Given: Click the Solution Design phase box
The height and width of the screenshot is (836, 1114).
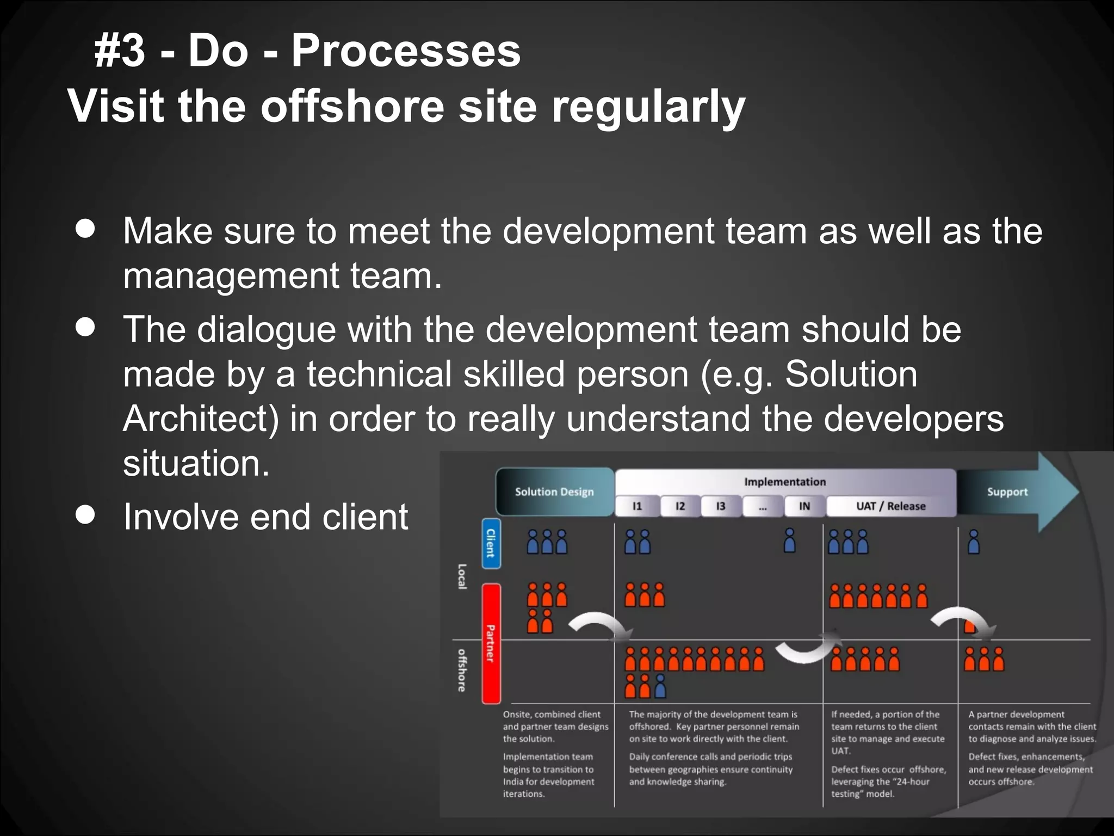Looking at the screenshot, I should pyautogui.click(x=554, y=491).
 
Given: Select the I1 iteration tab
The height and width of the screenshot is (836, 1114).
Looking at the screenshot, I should pyautogui.click(x=637, y=506).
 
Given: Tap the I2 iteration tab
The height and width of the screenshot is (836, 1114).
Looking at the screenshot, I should pyautogui.click(x=680, y=506).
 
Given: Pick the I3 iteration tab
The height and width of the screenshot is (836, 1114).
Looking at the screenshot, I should pyautogui.click(x=721, y=506).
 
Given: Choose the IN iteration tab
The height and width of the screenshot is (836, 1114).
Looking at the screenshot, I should pyautogui.click(x=804, y=506).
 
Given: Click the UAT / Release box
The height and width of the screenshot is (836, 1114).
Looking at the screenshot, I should pyautogui.click(x=890, y=506).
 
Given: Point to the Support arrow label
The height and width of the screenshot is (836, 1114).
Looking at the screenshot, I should pyautogui.click(x=1007, y=492).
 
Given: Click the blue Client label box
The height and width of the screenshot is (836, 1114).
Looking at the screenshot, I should pyautogui.click(x=491, y=543).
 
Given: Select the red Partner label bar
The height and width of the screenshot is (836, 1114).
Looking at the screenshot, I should pyautogui.click(x=491, y=643).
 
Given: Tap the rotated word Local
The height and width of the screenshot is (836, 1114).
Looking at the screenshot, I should pyautogui.click(x=462, y=576).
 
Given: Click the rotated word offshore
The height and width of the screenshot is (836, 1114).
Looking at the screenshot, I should pyautogui.click(x=462, y=670).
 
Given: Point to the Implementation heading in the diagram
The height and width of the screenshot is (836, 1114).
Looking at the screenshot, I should pyautogui.click(x=785, y=482).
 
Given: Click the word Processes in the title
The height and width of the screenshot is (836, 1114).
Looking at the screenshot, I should pyautogui.click(x=406, y=51).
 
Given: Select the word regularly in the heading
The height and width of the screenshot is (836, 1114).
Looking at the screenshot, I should pyautogui.click(x=648, y=106).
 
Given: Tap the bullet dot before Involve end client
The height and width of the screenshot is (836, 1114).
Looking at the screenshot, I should pyautogui.click(x=85, y=514).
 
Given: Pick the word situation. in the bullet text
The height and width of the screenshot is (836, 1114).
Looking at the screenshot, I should pyautogui.click(x=196, y=463).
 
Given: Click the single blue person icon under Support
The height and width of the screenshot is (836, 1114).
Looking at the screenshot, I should pyautogui.click(x=974, y=542).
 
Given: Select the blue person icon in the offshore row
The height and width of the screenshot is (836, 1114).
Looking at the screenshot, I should pyautogui.click(x=660, y=686).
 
